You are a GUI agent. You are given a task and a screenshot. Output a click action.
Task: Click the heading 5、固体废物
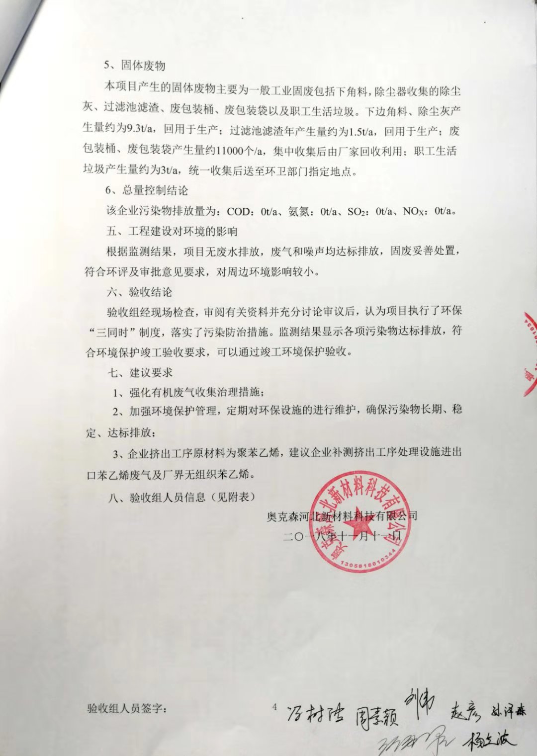coord(134,66)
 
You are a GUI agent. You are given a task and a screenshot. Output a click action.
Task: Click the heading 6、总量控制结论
coord(146,190)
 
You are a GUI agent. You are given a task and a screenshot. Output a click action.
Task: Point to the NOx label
coord(414,211)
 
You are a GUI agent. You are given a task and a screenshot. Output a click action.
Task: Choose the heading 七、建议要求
coord(140,373)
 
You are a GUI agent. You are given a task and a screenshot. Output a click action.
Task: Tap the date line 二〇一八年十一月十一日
coord(342,536)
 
